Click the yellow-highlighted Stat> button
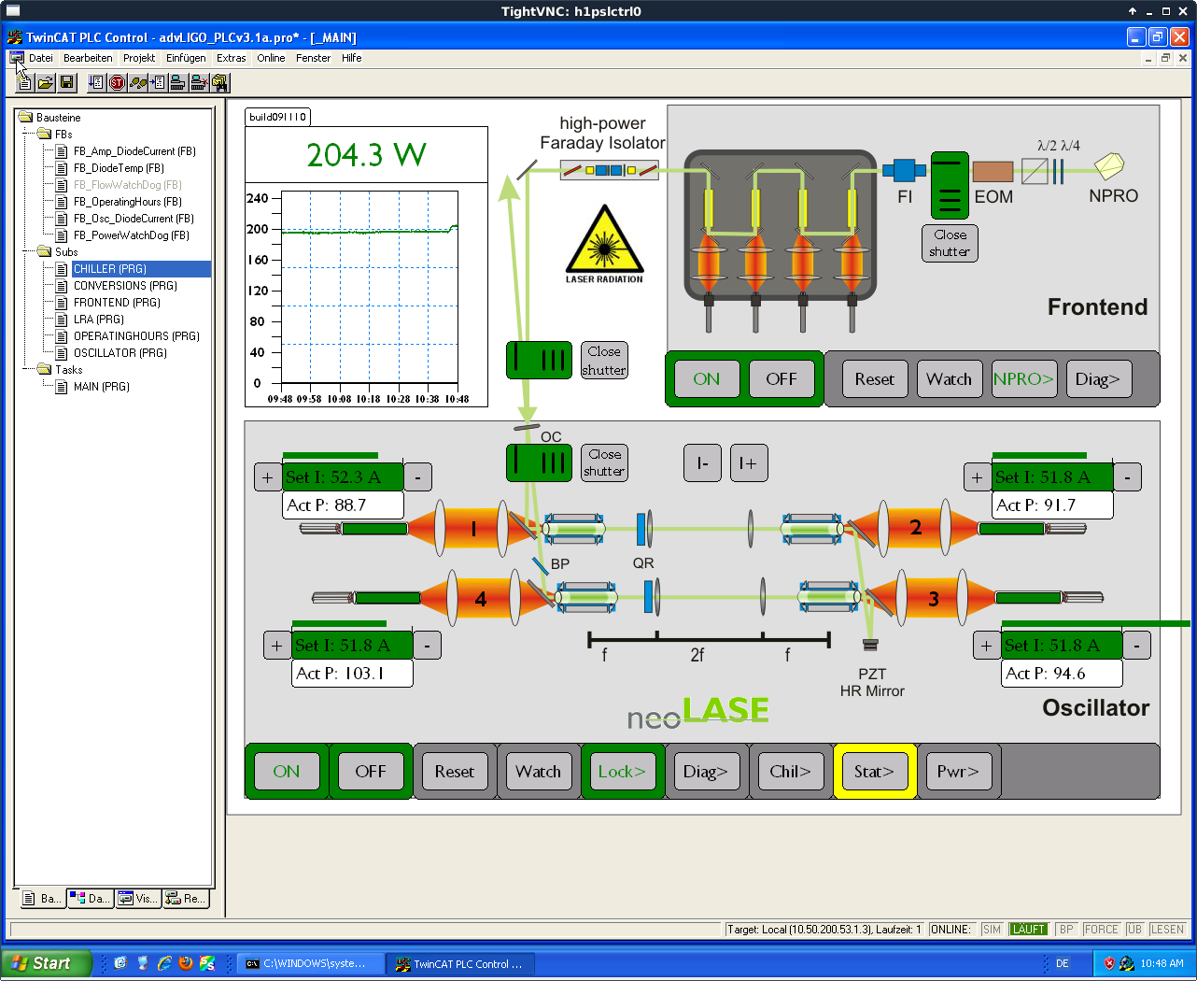coord(874,771)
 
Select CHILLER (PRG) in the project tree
coord(110,269)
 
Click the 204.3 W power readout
coord(366,154)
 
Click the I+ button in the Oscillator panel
coord(749,463)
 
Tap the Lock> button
coord(622,771)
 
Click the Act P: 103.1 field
coord(352,673)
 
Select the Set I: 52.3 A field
coord(343,476)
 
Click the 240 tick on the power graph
coord(257,198)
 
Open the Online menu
coord(271,58)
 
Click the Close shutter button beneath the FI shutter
coord(950,243)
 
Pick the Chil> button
coord(790,771)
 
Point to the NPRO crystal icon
coord(1109,166)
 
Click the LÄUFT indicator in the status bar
coord(1028,930)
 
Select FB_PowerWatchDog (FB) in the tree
coord(131,235)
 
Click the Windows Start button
coord(46,963)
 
